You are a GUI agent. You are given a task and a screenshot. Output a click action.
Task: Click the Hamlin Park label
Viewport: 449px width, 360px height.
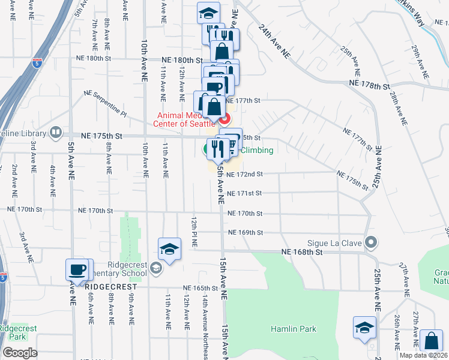click(293, 329)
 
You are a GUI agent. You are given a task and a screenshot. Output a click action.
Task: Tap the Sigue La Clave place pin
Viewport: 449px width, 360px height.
click(372, 243)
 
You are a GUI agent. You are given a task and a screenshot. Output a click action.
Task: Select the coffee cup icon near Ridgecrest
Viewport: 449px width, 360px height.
click(77, 269)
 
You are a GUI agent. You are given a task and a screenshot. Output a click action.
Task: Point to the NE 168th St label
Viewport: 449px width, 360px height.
click(302, 253)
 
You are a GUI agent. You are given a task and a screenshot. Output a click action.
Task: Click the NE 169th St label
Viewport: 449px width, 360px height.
click(246, 233)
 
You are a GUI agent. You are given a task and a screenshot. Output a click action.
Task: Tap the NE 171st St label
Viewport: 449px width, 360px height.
click(246, 194)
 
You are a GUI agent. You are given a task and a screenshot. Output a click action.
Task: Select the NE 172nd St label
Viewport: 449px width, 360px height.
click(246, 174)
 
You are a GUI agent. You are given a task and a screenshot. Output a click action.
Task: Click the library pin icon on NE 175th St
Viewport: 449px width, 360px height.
click(56, 131)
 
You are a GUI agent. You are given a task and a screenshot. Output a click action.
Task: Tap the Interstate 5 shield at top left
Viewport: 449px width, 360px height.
click(37, 63)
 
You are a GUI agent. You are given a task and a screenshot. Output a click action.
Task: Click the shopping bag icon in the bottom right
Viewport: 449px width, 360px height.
click(431, 341)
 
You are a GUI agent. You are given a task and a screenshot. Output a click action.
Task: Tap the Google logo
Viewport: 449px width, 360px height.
click(20, 353)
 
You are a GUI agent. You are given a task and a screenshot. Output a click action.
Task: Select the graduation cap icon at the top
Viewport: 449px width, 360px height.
click(208, 13)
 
